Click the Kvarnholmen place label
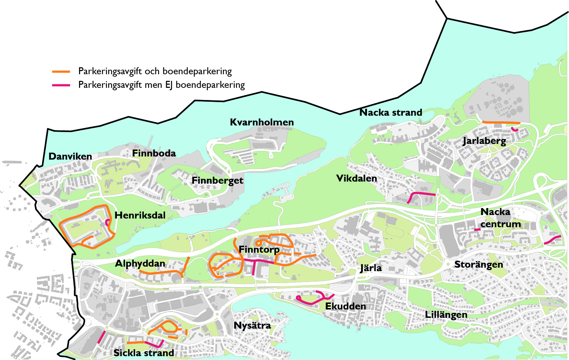[262, 122]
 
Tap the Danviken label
[70, 156]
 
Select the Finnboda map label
[154, 153]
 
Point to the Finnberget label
[217, 181]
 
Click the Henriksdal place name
[140, 215]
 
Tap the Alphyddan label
[140, 263]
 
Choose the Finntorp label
[259, 250]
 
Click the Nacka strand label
[390, 113]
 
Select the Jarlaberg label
[484, 141]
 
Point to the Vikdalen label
[357, 178]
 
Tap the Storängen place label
[478, 265]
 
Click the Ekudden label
[345, 306]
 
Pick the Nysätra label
[252, 325]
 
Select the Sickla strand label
[144, 353]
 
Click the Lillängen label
[446, 315]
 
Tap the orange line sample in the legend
[61, 72]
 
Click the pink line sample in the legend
[61, 85]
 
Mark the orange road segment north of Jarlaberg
[501, 122]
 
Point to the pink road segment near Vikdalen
[422, 193]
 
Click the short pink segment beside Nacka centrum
[477, 230]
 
